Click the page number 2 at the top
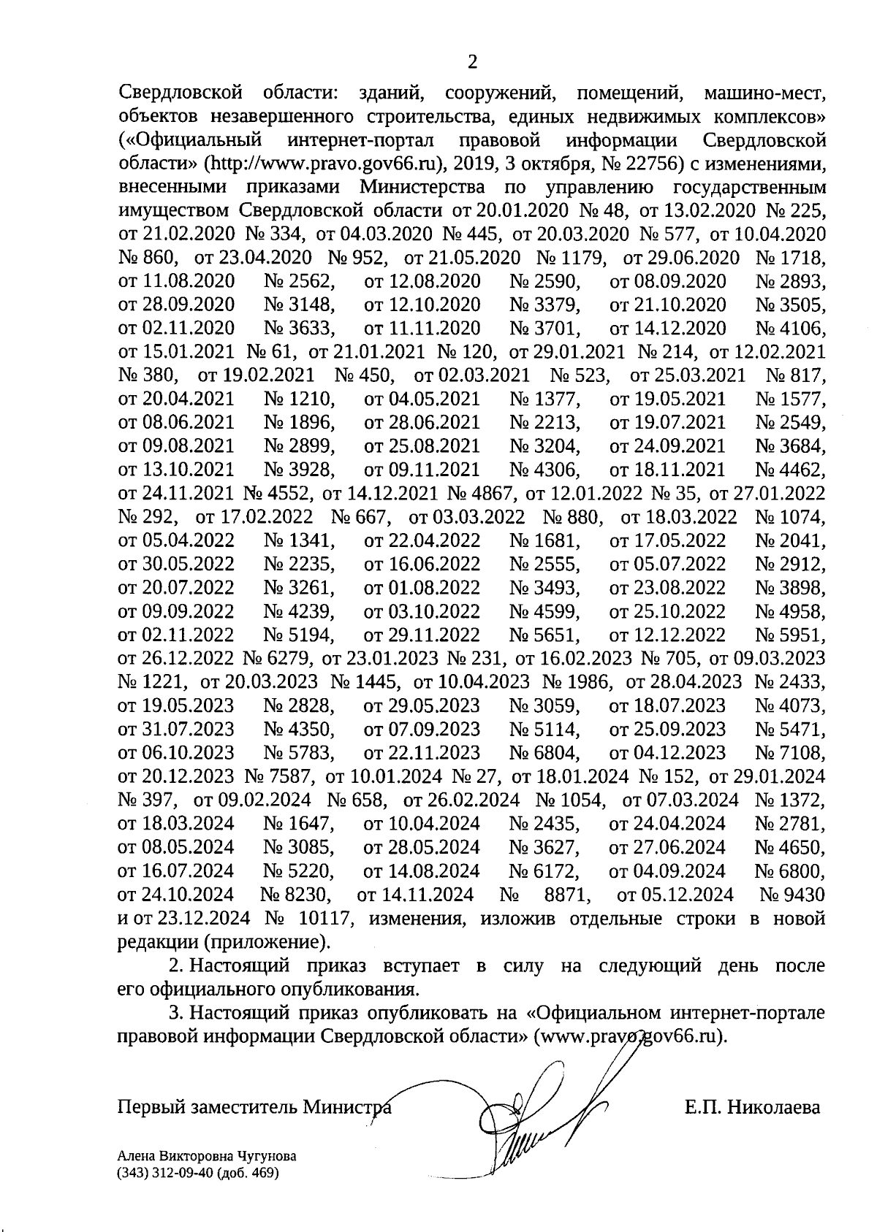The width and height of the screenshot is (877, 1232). point(472,62)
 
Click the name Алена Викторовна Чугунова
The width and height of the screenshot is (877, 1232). point(206,1157)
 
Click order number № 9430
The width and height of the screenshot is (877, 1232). point(792,895)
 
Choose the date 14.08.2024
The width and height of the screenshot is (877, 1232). point(433,871)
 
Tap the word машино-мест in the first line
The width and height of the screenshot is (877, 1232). point(763,95)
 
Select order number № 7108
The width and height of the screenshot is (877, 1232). point(790,753)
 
